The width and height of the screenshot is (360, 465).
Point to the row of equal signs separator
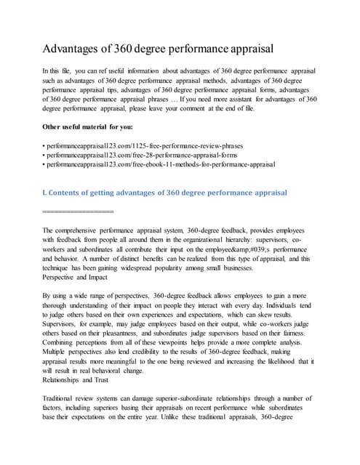pos(78,211)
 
